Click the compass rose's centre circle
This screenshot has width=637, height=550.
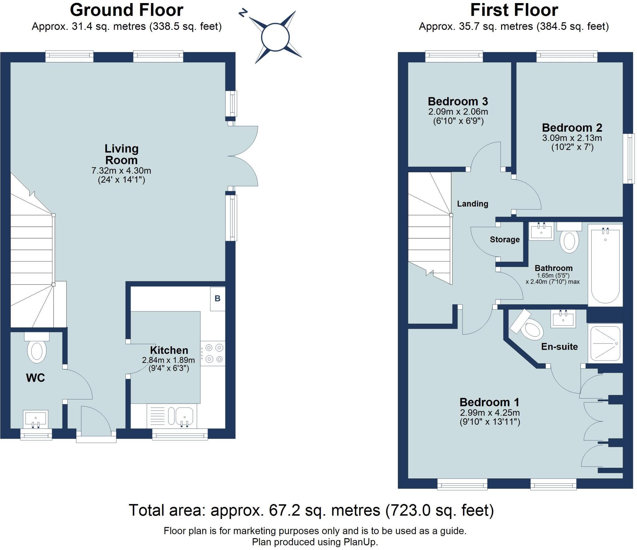click(x=275, y=37)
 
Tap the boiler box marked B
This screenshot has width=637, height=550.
click(x=217, y=299)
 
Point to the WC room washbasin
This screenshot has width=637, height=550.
click(x=36, y=419)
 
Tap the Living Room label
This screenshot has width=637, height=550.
click(x=121, y=154)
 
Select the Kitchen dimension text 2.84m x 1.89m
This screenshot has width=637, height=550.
click(x=168, y=360)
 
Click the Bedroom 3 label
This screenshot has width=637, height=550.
click(x=458, y=101)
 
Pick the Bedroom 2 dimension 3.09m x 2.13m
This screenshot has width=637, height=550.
click(x=572, y=138)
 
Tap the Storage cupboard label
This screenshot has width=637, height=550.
click(x=505, y=240)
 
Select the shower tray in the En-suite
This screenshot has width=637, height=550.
click(x=605, y=343)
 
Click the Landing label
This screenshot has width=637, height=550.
click(x=472, y=204)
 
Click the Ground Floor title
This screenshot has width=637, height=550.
click(x=127, y=10)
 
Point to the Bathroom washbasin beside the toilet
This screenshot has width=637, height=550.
click(x=542, y=232)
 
